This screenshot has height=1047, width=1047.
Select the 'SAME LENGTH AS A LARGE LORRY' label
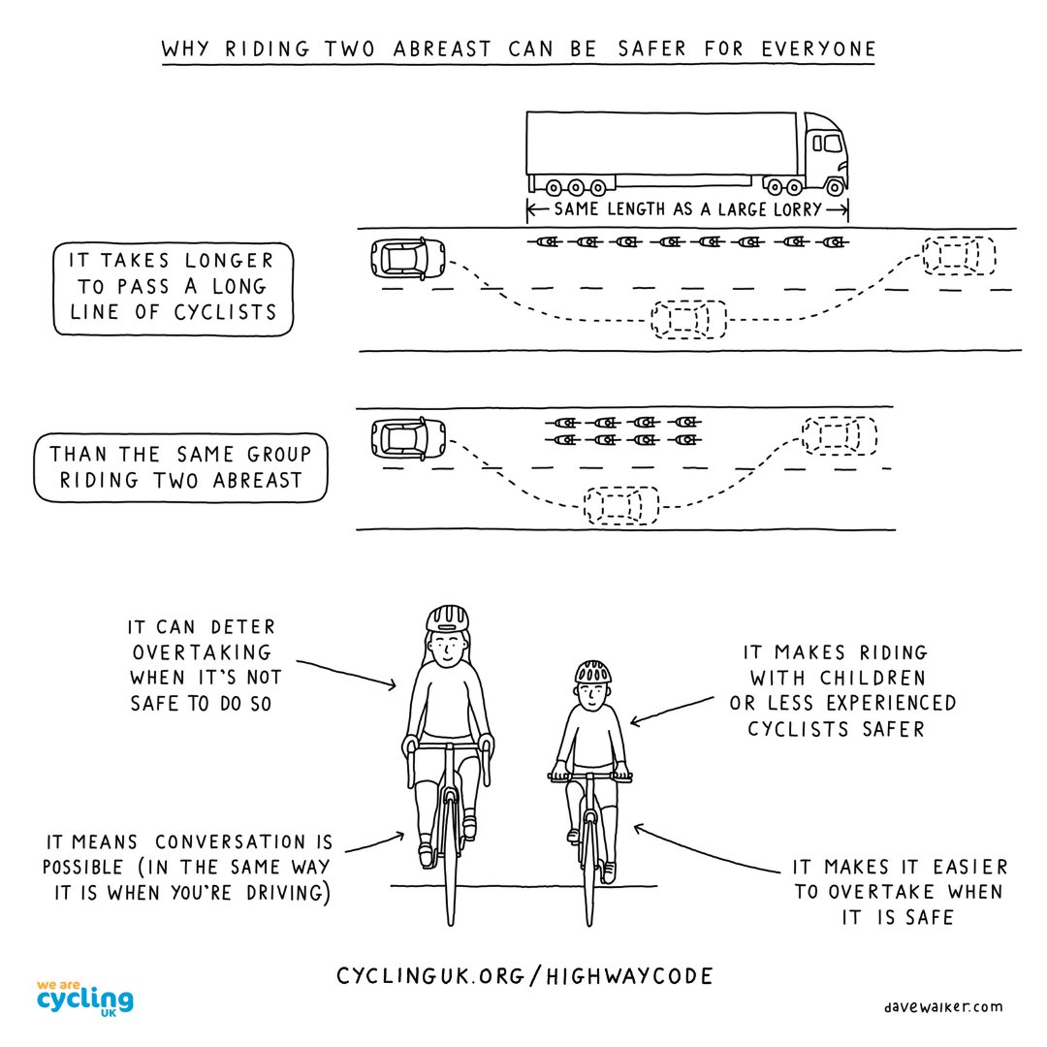click(x=687, y=208)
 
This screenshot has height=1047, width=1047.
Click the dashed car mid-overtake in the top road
click(x=689, y=319)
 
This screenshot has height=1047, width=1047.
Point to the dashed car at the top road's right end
click(x=959, y=255)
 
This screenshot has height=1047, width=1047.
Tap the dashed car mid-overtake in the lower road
click(x=621, y=505)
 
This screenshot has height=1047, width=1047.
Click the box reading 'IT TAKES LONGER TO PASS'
click(x=173, y=287)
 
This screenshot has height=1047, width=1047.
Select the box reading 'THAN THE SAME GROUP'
click(x=181, y=467)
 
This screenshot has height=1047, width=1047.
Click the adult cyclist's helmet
click(x=447, y=618)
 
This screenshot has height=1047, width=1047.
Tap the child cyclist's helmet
click(x=592, y=671)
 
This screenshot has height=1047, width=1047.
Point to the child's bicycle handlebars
click(x=589, y=777)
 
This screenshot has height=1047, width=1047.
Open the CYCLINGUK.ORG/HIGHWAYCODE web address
click(x=524, y=975)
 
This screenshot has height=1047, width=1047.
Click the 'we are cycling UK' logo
click(x=84, y=998)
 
